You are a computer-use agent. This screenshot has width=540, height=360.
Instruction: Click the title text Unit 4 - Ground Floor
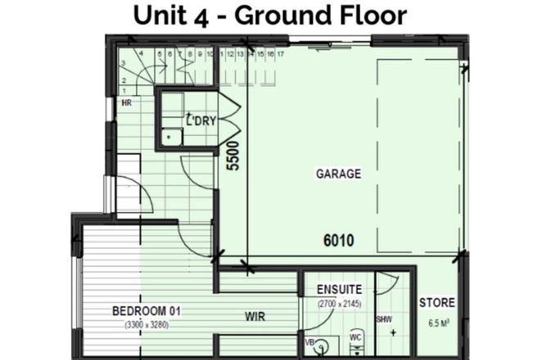pyautogui.click(x=270, y=16)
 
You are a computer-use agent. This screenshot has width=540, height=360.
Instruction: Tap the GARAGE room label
pyautogui.click(x=338, y=174)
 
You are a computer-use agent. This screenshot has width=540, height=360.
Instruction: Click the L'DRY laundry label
pyautogui.click(x=200, y=121)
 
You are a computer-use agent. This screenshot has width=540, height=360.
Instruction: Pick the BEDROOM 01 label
pyautogui.click(x=146, y=312)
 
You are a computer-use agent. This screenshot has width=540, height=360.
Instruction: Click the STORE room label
pyautogui.click(x=437, y=303)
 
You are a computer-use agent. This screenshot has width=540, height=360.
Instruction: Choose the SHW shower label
pyautogui.click(x=383, y=319)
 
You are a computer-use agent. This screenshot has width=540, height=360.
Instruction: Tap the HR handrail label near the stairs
pyautogui.click(x=127, y=104)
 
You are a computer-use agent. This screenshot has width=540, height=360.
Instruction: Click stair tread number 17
pyautogui.click(x=281, y=55)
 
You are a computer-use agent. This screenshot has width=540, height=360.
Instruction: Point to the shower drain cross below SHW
pyautogui.click(x=394, y=333)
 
